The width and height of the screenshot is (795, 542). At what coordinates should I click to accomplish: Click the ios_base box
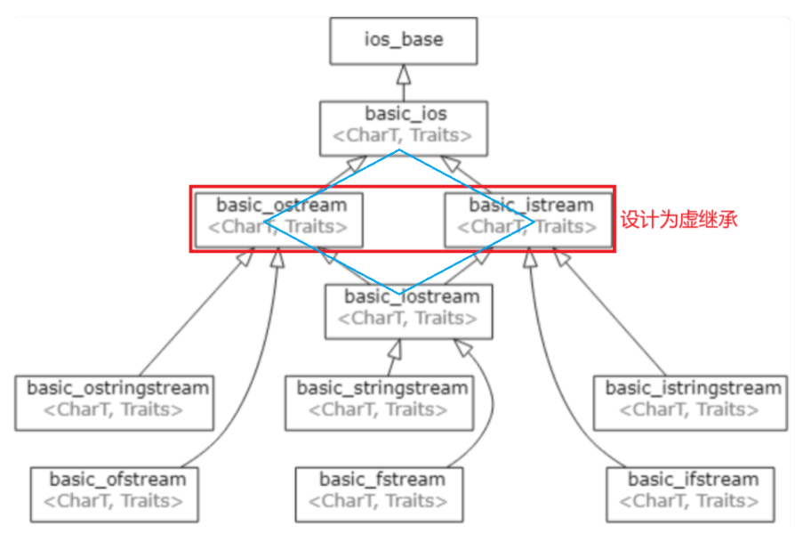[404, 40]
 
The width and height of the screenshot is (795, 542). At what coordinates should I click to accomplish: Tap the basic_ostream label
[282, 206]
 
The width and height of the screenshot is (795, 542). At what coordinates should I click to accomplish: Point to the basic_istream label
[530, 206]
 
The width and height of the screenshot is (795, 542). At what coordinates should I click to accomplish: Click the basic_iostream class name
[412, 296]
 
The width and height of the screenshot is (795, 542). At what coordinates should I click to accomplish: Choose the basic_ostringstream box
[116, 399]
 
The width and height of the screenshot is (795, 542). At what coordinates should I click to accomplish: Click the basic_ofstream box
[117, 490]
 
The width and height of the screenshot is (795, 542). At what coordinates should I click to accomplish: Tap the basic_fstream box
[382, 490]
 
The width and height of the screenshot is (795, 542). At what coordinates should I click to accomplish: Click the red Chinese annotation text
[679, 219]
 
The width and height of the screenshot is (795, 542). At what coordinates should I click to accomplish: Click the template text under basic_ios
[402, 136]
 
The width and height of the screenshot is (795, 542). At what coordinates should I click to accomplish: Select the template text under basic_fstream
[382, 501]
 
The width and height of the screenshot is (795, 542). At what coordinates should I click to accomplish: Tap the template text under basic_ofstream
[119, 501]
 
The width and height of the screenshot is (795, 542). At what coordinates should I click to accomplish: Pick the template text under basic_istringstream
[690, 409]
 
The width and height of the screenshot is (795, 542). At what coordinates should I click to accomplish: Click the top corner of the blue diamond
[400, 150]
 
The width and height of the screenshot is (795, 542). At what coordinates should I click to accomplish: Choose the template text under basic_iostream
[407, 318]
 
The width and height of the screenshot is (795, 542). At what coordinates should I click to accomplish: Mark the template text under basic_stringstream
[379, 409]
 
